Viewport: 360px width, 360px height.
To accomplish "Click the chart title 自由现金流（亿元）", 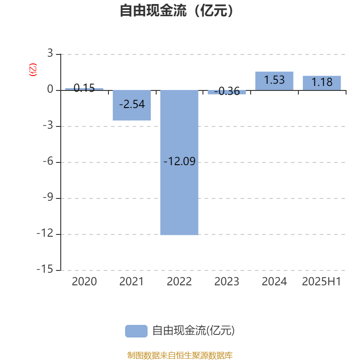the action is pos(176,10).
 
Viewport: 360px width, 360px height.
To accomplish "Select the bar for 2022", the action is pos(179,162).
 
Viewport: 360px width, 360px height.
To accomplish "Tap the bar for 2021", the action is pos(132,105).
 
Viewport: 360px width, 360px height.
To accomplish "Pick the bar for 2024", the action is pos(274,81).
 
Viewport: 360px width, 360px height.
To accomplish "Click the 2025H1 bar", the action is pos(322,83).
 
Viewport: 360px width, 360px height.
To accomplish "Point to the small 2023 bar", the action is pos(227,92).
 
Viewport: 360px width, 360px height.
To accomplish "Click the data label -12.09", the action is pos(179,161).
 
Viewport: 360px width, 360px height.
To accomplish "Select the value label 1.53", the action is pos(274,80).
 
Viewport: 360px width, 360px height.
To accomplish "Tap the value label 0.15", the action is pos(84,88).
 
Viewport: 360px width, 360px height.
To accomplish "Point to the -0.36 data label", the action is pos(227,91).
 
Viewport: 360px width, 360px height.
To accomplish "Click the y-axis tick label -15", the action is pos(45,269).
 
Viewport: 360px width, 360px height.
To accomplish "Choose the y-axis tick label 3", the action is pos(50,53).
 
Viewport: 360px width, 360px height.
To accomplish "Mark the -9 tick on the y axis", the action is pos(48,197).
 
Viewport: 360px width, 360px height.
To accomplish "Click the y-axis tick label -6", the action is pos(48,161).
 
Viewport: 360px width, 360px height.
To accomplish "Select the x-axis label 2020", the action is pos(84,282).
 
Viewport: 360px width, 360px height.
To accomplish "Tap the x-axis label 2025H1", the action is pos(321,282).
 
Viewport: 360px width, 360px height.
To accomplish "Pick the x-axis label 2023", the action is pos(227,282).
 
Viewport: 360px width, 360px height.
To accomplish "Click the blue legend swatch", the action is pos(136,331).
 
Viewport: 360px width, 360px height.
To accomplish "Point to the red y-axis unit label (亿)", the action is pos(33,70).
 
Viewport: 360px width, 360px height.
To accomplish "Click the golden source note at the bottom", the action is pos(180,355).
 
